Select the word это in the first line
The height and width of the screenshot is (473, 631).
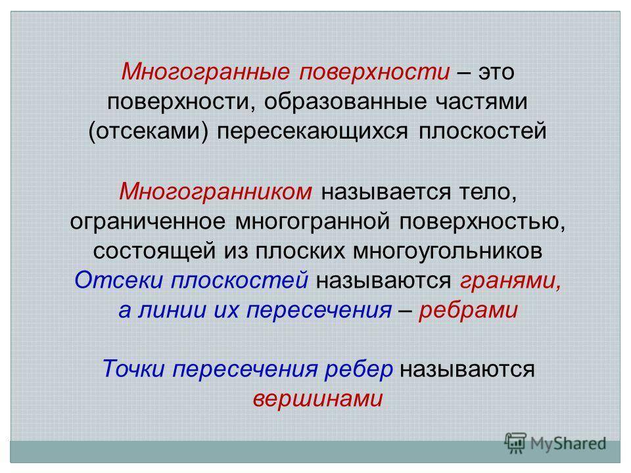pos(496,72)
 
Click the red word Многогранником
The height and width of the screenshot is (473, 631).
pos(216,192)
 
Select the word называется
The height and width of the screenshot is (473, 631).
pos(386,192)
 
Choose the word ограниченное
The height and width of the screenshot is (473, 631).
pos(147,222)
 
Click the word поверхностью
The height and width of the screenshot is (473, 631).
pos(482,222)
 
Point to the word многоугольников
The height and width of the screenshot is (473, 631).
pos(448,252)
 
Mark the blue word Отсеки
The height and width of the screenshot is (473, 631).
pos(119,280)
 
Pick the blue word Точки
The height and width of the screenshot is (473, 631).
pos(133,369)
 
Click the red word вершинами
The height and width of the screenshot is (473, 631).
pos(318,399)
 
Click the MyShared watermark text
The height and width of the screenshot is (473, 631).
pos(568,443)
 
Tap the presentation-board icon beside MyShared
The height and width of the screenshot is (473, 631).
pos(515,443)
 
